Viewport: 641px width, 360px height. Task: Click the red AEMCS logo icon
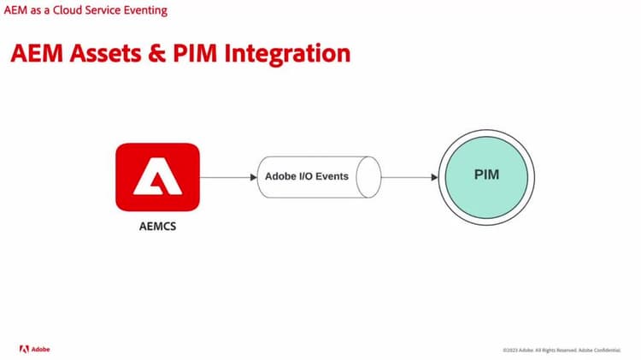pos(157,178)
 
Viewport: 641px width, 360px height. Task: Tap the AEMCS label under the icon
pos(157,228)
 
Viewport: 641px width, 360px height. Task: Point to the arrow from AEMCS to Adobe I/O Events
pos(228,177)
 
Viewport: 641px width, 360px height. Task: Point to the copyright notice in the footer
pos(563,350)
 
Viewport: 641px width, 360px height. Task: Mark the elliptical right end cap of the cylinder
pos(368,177)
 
